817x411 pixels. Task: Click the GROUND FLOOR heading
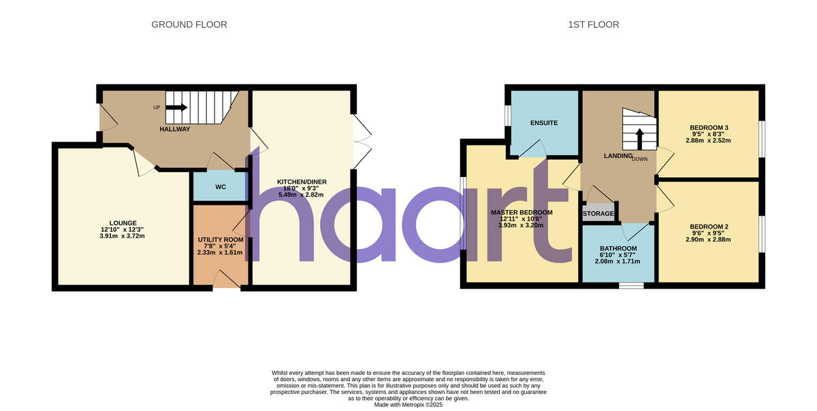(x=189, y=24)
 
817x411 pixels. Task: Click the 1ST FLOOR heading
(x=594, y=24)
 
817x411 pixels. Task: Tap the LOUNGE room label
(x=123, y=223)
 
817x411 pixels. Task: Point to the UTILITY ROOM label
(x=220, y=240)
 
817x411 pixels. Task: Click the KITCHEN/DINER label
(x=302, y=182)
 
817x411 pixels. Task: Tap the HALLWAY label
(x=175, y=129)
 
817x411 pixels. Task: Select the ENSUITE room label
(x=544, y=123)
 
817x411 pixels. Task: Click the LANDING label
(x=618, y=156)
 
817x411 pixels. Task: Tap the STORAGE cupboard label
(x=598, y=214)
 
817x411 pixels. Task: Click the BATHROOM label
(x=618, y=248)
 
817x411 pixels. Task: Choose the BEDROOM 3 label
(x=709, y=127)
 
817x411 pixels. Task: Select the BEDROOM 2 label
(x=709, y=227)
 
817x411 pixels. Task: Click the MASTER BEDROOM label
(x=522, y=212)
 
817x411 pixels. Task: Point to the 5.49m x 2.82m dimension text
(x=302, y=195)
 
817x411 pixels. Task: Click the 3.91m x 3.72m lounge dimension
(x=123, y=236)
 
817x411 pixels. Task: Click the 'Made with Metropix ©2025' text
(x=408, y=404)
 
